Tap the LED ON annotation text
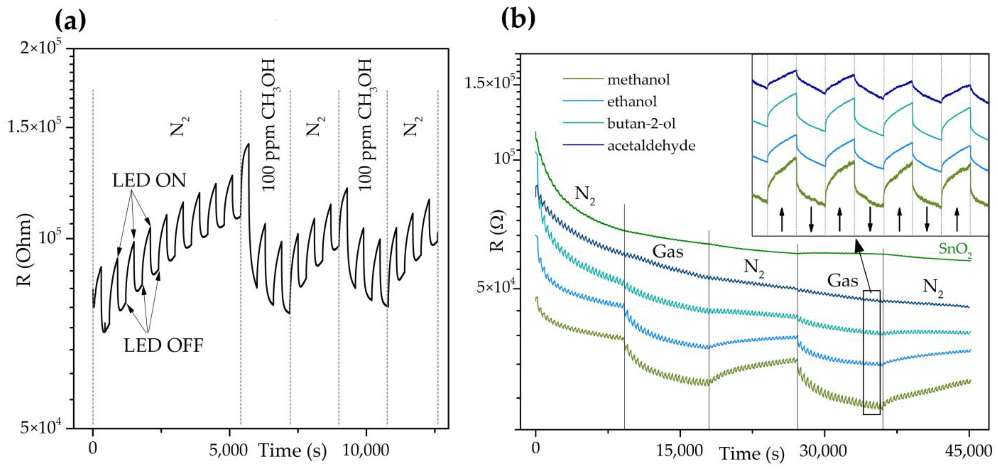[x=149, y=180]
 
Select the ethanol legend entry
[x=632, y=101]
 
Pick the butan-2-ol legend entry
[x=641, y=123]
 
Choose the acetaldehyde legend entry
[x=651, y=146]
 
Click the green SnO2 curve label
[x=955, y=249]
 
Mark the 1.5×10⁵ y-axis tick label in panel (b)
[x=490, y=83]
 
